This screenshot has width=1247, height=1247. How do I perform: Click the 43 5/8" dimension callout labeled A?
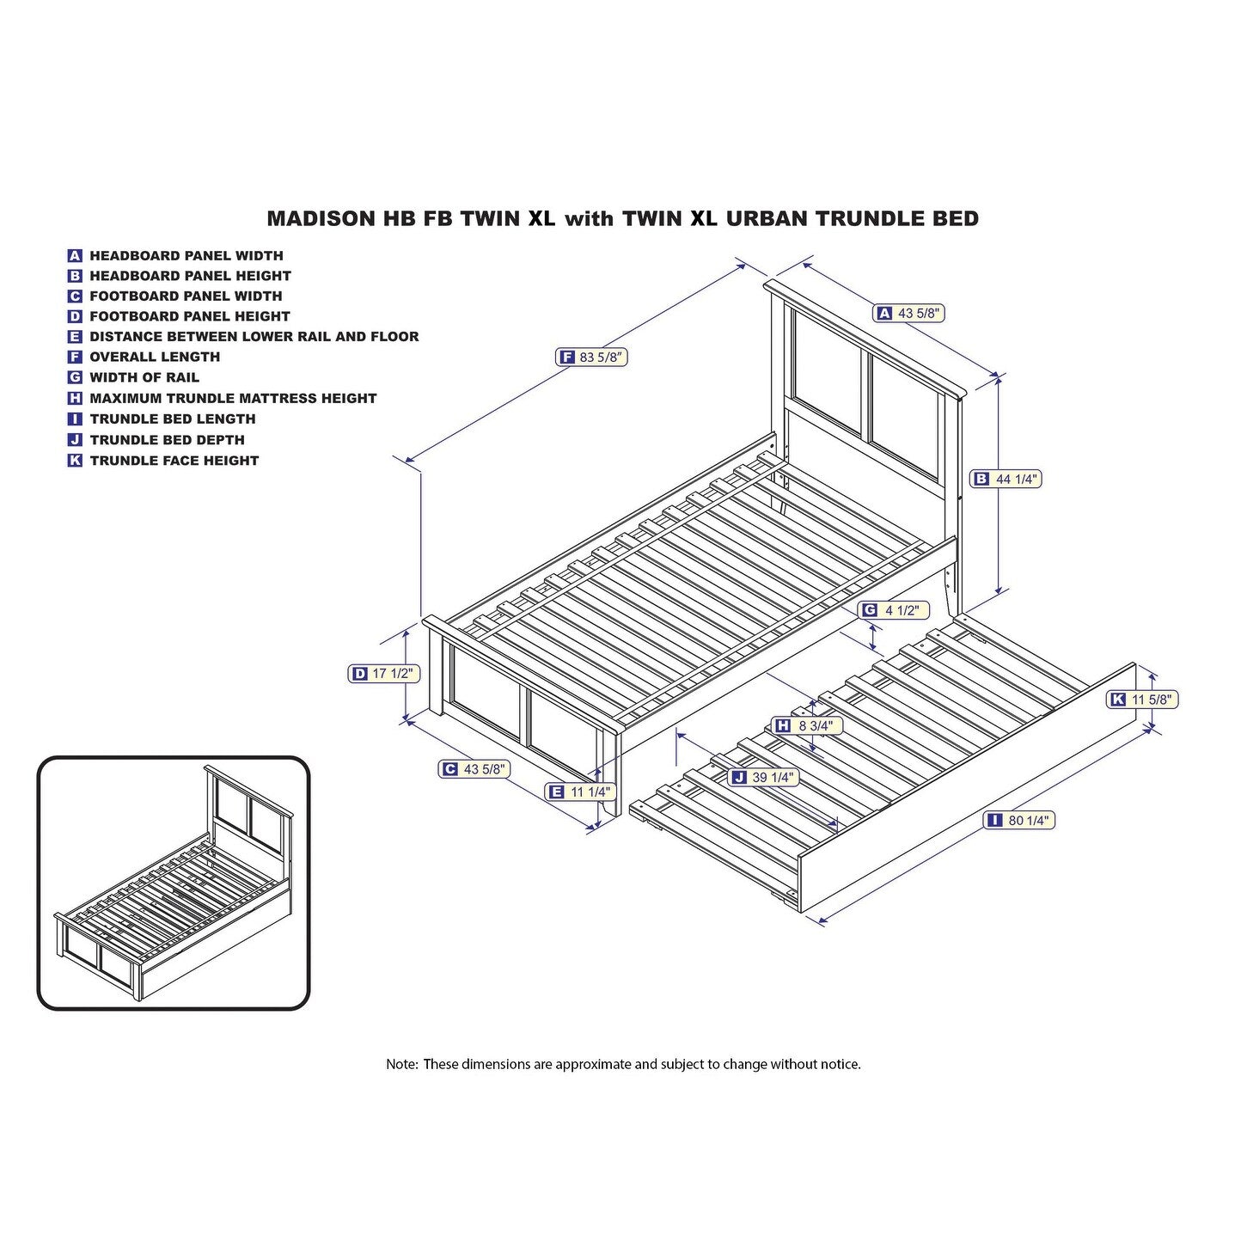point(909,314)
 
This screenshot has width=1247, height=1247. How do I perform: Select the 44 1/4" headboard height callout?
point(1006,479)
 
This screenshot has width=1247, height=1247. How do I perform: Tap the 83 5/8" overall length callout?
point(592,358)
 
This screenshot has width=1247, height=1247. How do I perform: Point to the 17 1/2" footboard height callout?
point(384,674)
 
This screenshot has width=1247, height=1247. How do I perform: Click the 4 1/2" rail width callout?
point(894,609)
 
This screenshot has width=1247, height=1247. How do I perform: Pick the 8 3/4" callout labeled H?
point(805,725)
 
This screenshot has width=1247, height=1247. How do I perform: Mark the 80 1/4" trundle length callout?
point(1020,821)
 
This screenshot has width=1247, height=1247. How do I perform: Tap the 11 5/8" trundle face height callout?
point(1142,700)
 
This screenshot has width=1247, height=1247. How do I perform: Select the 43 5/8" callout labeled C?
point(474,769)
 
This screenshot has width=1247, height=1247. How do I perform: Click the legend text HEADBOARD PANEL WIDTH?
point(186,255)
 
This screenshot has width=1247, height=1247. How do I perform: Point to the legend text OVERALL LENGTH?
point(155,357)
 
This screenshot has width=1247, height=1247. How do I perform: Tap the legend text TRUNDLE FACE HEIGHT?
point(174,461)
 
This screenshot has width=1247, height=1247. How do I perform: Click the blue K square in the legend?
point(75,461)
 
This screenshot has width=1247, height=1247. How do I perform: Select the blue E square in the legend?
point(75,337)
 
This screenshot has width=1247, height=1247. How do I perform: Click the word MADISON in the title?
point(321,219)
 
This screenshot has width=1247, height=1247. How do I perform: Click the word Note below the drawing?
point(400,1065)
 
